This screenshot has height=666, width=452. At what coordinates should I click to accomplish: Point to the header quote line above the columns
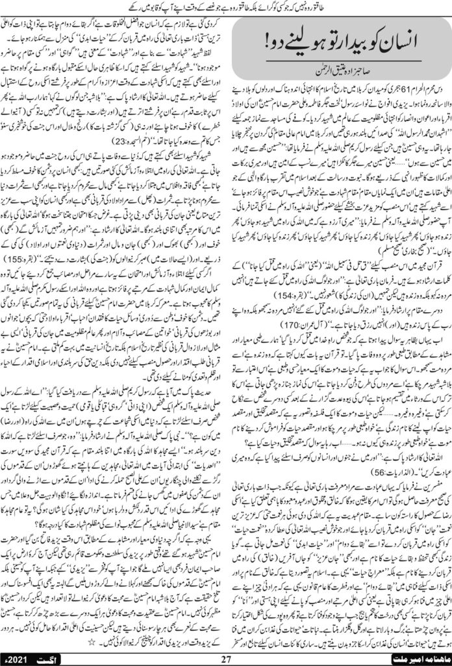[x=226, y=7]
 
